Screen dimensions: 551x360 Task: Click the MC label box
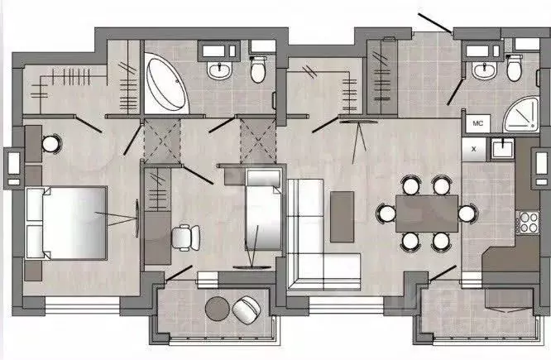[478, 123]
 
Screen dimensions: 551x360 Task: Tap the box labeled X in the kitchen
[474, 149]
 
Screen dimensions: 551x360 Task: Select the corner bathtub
[166, 84]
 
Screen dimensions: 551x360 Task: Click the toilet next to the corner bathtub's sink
[258, 70]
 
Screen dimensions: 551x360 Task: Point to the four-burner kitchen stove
[528, 222]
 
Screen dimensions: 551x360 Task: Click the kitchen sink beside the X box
[503, 148]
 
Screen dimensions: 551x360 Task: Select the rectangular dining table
[427, 214]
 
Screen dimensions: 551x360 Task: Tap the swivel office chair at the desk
[185, 238]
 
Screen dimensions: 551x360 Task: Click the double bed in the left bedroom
[66, 223]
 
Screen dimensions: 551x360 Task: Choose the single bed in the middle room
[264, 210]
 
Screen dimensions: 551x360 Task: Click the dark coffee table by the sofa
[342, 217]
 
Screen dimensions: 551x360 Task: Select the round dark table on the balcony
[218, 309]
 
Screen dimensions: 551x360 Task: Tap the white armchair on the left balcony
[247, 310]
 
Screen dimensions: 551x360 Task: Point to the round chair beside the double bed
[51, 144]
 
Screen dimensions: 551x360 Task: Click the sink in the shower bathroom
[484, 70]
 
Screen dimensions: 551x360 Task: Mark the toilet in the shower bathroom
[514, 68]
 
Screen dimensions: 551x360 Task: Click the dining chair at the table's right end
[467, 214]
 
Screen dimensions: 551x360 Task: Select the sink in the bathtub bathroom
[219, 70]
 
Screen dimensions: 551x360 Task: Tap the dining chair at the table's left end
[386, 214]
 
